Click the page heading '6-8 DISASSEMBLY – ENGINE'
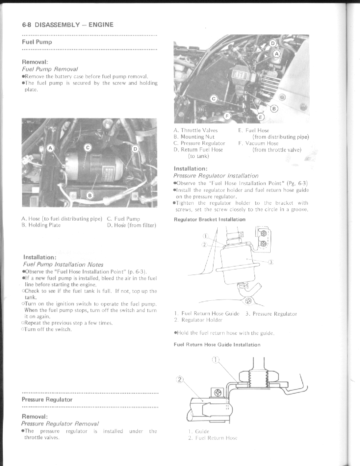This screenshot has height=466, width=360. click(x=68, y=25)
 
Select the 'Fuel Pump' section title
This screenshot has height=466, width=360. click(x=37, y=42)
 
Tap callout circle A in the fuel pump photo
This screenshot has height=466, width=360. click(x=50, y=148)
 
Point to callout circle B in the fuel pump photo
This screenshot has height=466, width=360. click(x=91, y=195)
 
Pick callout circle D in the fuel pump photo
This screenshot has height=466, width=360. click(x=135, y=149)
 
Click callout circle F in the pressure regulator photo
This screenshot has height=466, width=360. click(x=227, y=116)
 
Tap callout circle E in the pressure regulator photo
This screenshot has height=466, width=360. click(x=261, y=117)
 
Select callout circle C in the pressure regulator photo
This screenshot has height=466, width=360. click(x=214, y=99)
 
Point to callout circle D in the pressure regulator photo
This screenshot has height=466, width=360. click(x=273, y=43)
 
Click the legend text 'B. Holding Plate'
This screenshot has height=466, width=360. click(x=41, y=225)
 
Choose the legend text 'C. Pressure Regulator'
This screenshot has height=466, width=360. click(x=199, y=143)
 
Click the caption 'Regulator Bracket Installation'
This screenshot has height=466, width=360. click(x=209, y=219)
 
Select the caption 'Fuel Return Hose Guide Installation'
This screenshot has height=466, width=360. click(x=217, y=344)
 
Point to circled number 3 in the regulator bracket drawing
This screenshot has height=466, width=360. click(x=271, y=263)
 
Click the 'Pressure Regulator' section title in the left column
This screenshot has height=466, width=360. click(x=47, y=400)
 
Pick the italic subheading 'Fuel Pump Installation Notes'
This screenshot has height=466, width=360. click(x=63, y=264)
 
